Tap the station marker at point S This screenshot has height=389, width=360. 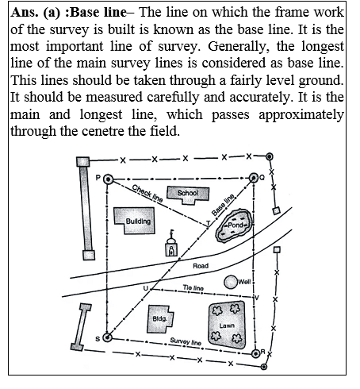click(108, 338)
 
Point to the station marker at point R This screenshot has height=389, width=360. click(255, 352)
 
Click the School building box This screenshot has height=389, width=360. click(187, 193)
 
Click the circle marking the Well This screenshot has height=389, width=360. click(231, 282)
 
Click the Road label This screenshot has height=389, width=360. click(201, 266)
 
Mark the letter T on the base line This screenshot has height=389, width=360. click(207, 224)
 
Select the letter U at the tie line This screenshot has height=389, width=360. click(145, 287)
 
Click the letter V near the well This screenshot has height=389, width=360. click(256, 297)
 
